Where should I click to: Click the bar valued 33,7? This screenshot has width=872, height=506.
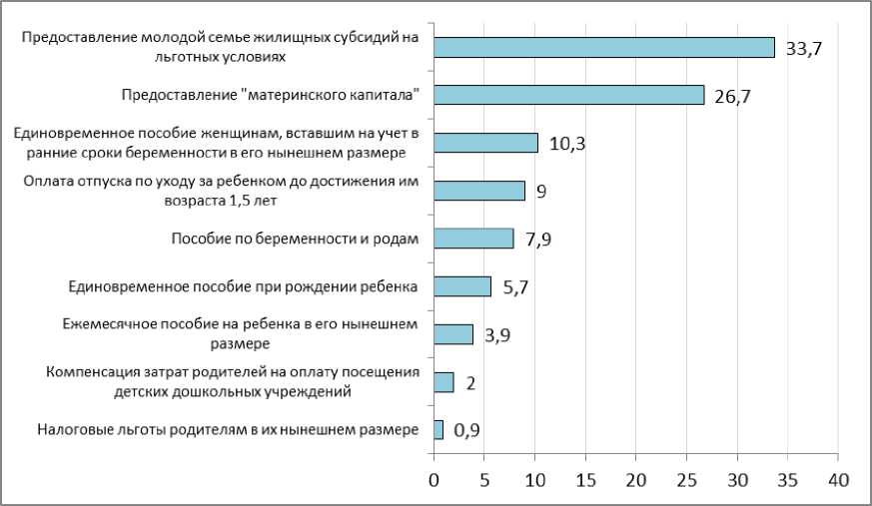click(603, 47)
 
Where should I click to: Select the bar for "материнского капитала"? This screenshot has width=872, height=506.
click(568, 95)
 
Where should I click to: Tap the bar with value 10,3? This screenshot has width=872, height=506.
click(485, 143)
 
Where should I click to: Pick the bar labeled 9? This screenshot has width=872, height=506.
click(478, 191)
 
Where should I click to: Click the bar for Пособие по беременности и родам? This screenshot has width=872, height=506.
click(473, 239)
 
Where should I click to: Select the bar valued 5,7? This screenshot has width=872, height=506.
click(462, 286)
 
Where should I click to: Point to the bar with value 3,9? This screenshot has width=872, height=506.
click(453, 334)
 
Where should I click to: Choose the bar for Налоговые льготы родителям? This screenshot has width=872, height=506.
click(438, 430)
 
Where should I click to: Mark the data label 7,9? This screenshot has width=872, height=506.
click(540, 240)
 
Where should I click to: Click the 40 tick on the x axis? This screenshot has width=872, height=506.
click(838, 480)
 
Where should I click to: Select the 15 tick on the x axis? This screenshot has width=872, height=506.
click(585, 480)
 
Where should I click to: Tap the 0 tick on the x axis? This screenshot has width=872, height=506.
click(434, 480)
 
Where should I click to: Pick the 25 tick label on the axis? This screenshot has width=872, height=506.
click(686, 480)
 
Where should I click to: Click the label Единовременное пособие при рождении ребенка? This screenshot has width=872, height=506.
click(243, 287)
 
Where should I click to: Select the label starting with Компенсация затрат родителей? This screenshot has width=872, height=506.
click(231, 382)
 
